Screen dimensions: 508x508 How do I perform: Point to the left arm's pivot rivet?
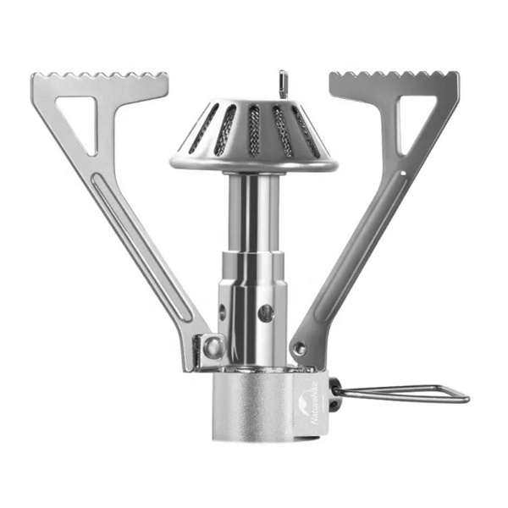(212, 346)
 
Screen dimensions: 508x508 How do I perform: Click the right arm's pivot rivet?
(299, 347)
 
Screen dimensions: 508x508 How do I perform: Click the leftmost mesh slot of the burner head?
(203, 129)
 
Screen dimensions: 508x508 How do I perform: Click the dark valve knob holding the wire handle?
(334, 395)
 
